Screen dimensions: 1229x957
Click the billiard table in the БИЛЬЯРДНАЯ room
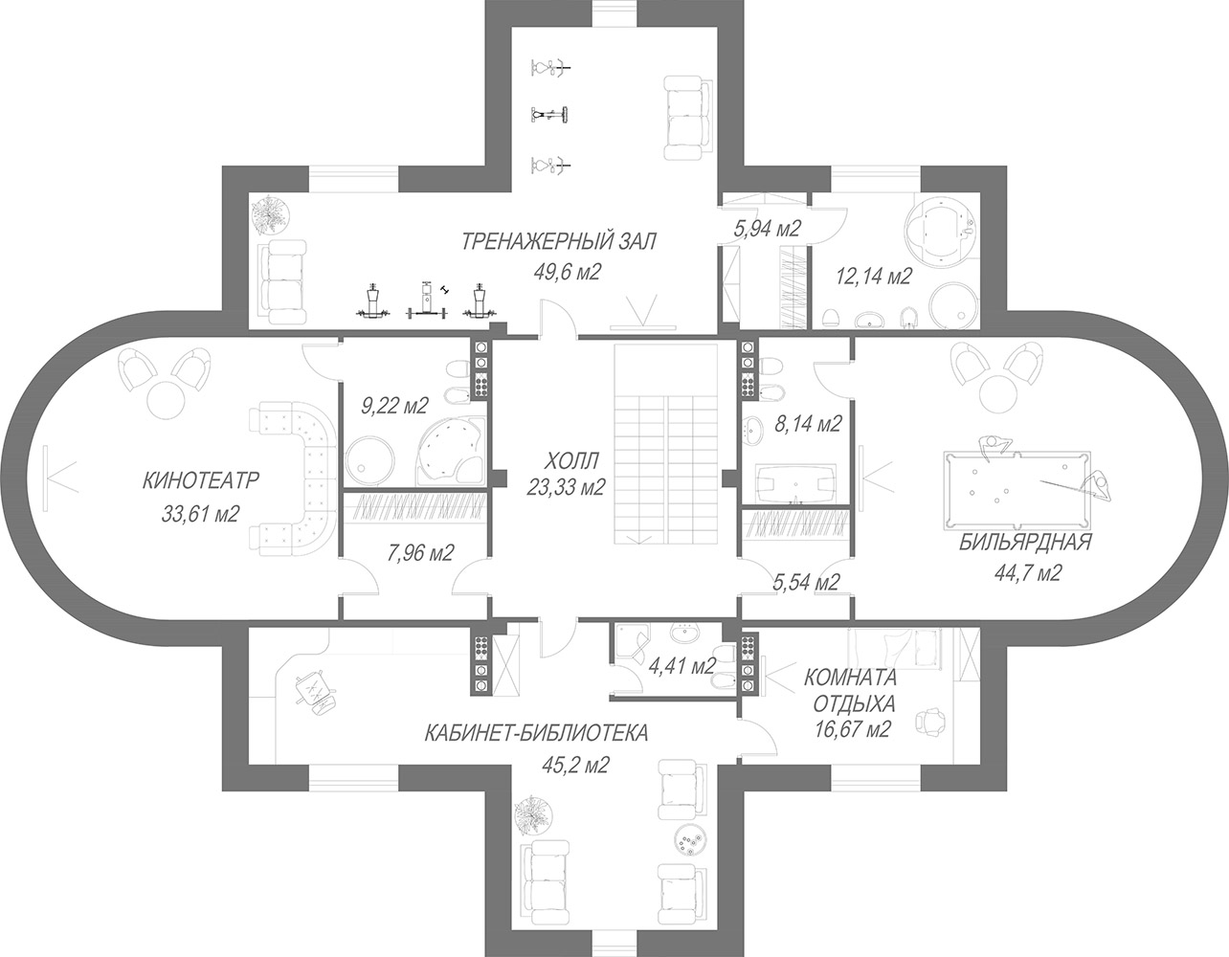coord(1017,490)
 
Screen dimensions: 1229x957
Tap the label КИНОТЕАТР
coord(201,480)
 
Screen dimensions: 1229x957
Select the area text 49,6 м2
coord(567,272)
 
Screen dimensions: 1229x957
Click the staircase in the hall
coord(665,445)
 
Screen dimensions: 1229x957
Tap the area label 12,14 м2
coord(873,277)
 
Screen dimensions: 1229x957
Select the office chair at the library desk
coord(315,693)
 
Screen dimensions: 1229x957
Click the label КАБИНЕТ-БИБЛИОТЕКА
coord(536,734)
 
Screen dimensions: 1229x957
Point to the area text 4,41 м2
coord(682,666)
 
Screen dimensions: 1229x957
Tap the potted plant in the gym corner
coord(272,215)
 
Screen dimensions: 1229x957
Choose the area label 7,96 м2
coord(420,553)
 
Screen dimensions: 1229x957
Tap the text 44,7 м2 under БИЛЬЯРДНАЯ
coord(1027,573)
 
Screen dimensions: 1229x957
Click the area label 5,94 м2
coord(768,229)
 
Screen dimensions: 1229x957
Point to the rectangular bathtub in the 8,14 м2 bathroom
coord(795,484)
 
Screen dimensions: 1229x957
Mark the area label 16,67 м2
coord(853,729)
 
